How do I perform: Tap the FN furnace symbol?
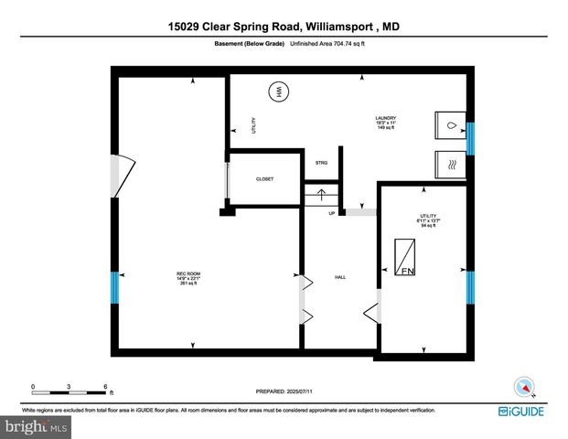point(404,257)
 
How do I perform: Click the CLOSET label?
point(264,179)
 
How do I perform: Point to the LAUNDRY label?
point(385,118)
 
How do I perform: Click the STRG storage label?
point(322,163)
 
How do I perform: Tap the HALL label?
point(339,276)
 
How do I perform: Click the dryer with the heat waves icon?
point(449,165)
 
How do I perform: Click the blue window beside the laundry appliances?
point(470,139)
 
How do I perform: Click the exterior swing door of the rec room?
point(122,175)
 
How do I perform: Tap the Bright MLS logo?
point(37,426)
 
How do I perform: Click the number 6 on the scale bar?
point(106,387)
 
